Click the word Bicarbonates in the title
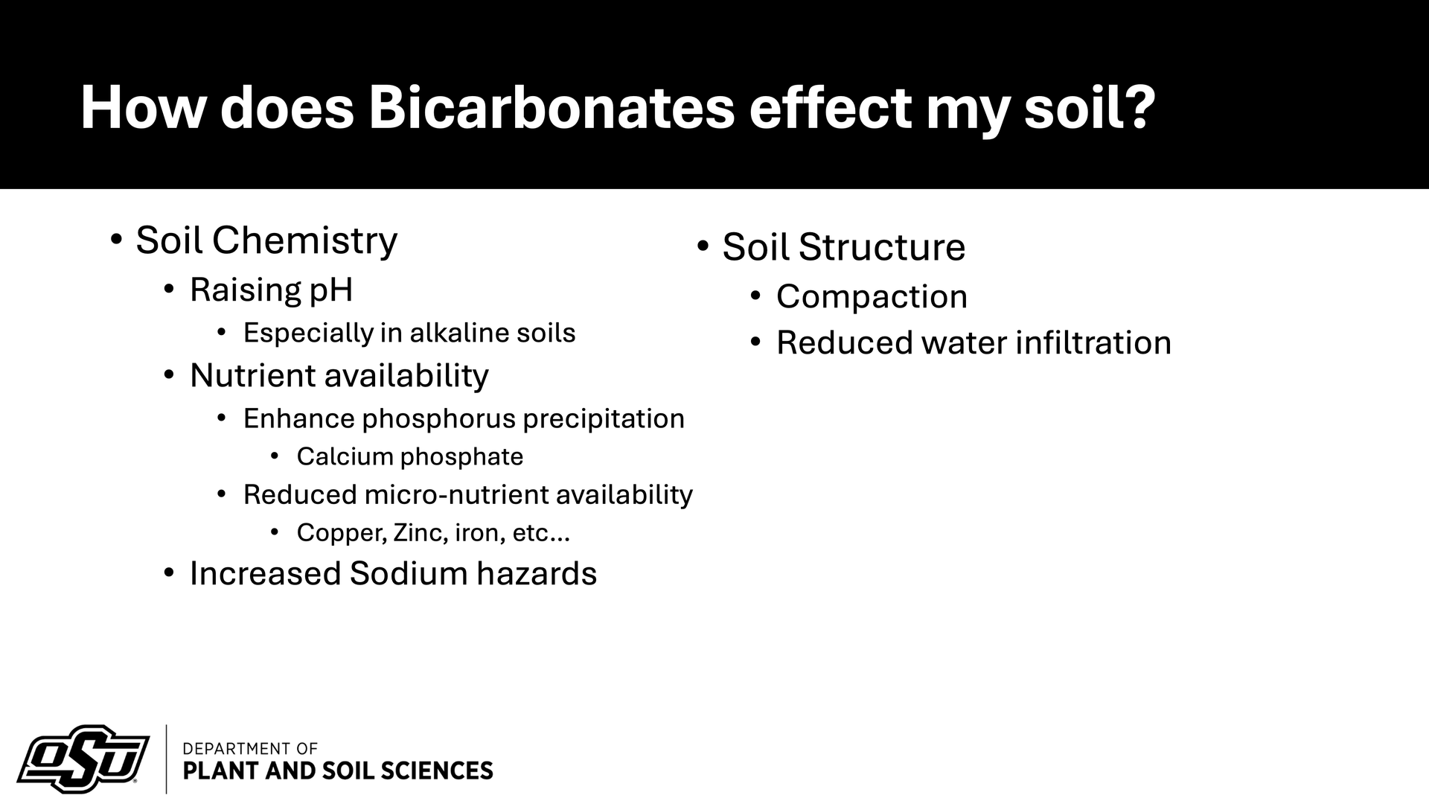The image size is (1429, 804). click(552, 108)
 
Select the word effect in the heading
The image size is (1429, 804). click(830, 108)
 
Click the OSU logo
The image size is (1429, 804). click(83, 759)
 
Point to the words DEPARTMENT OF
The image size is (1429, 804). click(250, 748)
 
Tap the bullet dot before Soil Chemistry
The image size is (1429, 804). click(115, 240)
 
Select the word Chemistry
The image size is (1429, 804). click(304, 241)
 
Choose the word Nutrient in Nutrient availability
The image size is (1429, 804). click(253, 375)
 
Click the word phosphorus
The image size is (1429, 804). click(438, 419)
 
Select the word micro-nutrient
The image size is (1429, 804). click(456, 494)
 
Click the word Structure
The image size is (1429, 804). click(882, 247)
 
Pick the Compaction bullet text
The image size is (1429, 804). click(872, 297)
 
